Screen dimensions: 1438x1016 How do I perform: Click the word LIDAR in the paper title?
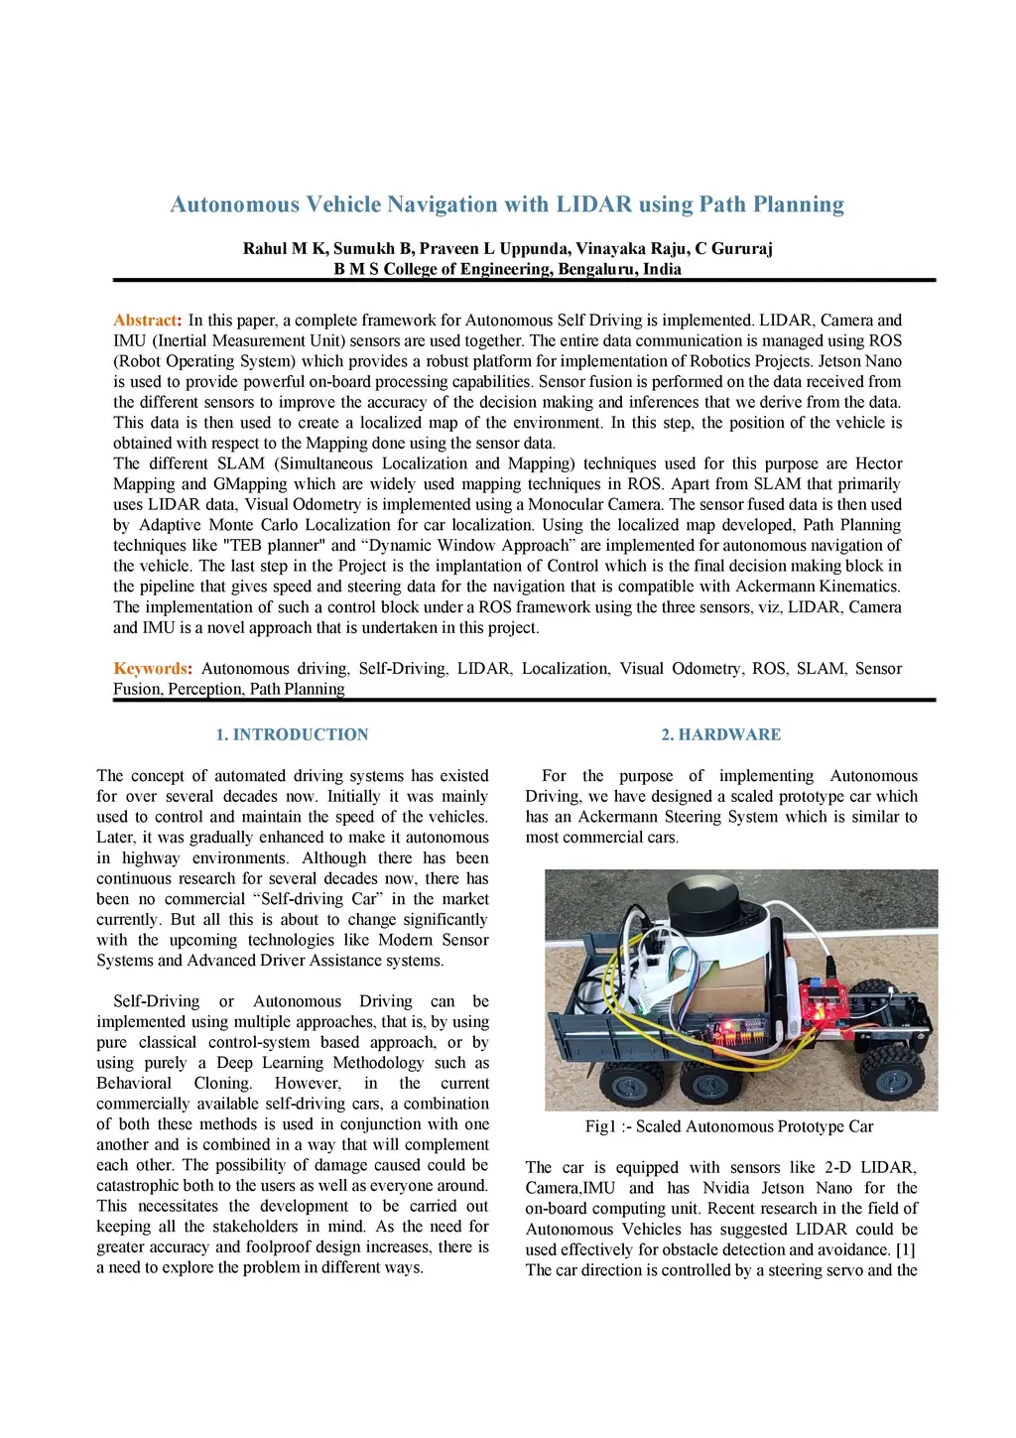click(593, 204)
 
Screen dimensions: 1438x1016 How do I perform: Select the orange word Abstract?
click(146, 321)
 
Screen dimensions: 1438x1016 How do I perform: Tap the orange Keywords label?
click(151, 669)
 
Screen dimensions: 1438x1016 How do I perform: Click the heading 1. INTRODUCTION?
click(292, 734)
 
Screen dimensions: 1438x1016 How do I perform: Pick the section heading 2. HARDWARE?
click(721, 734)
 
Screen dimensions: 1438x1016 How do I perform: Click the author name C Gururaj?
click(734, 248)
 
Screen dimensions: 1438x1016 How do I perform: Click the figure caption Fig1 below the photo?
click(729, 1126)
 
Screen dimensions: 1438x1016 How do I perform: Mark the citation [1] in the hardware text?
click(904, 1249)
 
